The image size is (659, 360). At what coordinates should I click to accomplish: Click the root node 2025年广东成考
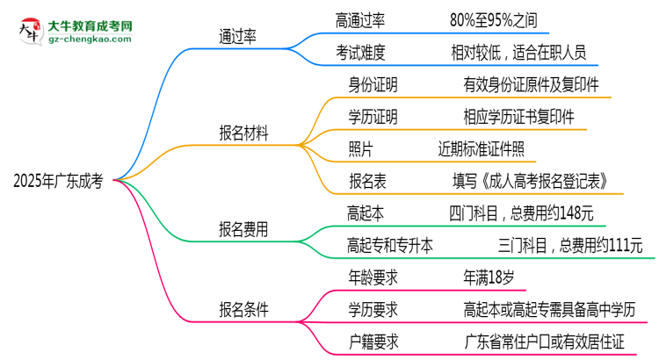coord(58,181)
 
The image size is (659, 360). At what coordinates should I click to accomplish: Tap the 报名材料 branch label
coord(244,133)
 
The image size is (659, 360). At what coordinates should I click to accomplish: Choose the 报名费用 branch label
coord(244,231)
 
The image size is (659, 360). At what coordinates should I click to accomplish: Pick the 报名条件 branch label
coord(244,309)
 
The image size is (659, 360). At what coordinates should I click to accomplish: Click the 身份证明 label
coord(373,85)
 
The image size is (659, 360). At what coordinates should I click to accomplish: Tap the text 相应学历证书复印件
coord(519,117)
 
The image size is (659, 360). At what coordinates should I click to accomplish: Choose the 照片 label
coord(361,149)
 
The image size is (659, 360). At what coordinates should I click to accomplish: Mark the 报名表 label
coord(367,182)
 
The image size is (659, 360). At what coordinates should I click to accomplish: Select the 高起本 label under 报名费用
coord(367,212)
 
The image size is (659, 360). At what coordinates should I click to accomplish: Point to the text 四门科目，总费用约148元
coord(520,212)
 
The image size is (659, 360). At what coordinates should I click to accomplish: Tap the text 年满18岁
coord(489,277)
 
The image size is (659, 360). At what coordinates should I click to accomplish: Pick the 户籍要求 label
coord(373,342)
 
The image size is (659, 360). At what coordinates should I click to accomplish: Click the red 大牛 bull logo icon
coord(28,32)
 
